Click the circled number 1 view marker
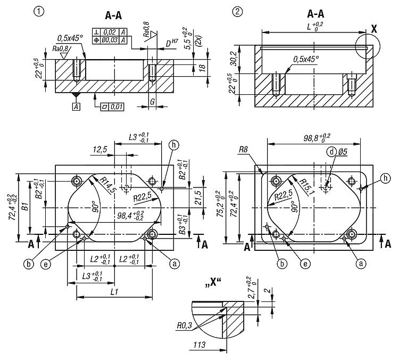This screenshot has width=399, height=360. click(x=38, y=11)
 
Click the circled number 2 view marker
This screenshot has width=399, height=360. click(x=238, y=11)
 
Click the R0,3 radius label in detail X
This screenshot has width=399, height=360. click(x=184, y=323)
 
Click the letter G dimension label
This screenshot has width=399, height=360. click(x=152, y=100)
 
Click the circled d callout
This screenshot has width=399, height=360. click(x=331, y=152)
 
